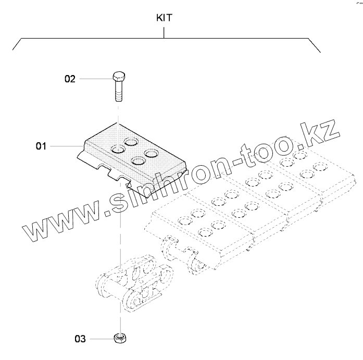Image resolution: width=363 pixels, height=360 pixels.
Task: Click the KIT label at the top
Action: (165, 18)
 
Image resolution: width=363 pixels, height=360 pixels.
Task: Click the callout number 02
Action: (70, 79)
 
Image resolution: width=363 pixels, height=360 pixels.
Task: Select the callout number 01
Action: (41, 146)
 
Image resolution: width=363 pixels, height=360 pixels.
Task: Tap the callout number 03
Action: (79, 339)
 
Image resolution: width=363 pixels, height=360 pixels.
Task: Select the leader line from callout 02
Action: (94, 79)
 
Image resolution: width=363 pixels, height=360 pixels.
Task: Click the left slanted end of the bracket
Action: (16, 44)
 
